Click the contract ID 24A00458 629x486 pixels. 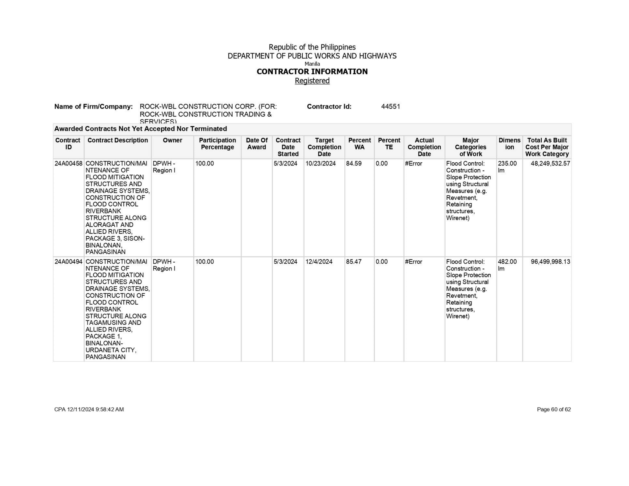point(68,164)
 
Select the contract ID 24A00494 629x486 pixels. point(68,262)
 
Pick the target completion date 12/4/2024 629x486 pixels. point(319,262)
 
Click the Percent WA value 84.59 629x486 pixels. point(354,164)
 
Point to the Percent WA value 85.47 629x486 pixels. point(354,262)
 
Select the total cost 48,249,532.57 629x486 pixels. point(550,164)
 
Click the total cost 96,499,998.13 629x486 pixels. point(550,262)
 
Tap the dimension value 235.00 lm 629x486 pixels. point(507,167)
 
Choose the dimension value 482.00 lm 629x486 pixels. point(507,265)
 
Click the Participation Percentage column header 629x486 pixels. point(217,144)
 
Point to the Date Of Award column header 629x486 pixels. point(257,144)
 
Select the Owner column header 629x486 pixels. point(173,140)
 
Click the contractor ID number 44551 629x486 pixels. point(390,107)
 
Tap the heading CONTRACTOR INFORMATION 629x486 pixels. point(312,72)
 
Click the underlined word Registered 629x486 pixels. point(312,81)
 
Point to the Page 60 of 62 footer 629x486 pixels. point(554,409)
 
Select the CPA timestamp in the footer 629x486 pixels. point(89,409)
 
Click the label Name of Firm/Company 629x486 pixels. point(94,107)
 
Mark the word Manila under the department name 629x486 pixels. point(312,64)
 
